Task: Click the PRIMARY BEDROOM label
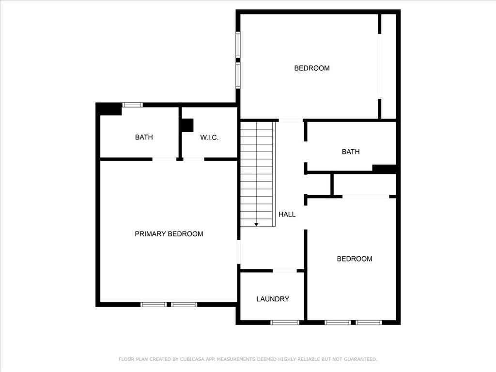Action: click(x=169, y=234)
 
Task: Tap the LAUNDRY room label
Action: click(x=273, y=299)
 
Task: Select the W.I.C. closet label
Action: click(x=209, y=137)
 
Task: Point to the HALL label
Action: click(x=287, y=214)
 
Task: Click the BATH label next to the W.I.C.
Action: click(x=144, y=137)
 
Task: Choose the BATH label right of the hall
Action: click(x=351, y=152)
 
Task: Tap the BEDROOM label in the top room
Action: click(x=312, y=68)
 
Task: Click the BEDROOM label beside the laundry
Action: click(x=355, y=259)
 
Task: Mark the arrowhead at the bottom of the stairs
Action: click(x=256, y=225)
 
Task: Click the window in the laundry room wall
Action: click(x=285, y=322)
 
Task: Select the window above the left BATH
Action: click(x=133, y=105)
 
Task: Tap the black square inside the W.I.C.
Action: click(x=187, y=125)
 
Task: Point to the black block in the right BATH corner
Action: click(x=384, y=169)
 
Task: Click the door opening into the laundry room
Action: click(x=285, y=270)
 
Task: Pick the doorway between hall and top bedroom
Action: click(x=291, y=120)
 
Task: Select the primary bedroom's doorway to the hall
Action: click(x=239, y=252)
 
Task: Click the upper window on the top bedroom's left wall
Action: click(x=238, y=45)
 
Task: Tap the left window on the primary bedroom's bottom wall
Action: click(x=154, y=305)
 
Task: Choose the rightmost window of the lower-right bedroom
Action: click(x=369, y=322)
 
